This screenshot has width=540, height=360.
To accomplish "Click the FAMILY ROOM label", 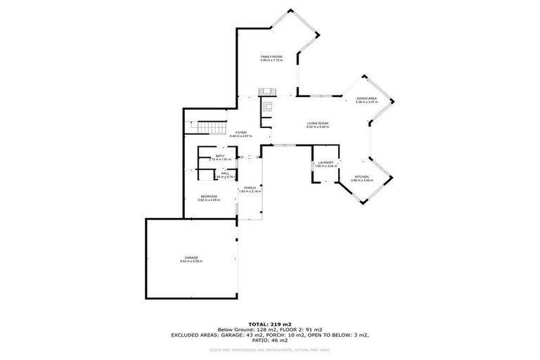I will click(271, 56).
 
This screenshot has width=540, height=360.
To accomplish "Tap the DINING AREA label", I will click(367, 98).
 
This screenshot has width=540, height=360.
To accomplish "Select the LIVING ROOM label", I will click(318, 123).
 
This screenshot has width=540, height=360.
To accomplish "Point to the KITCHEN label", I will click(361, 176).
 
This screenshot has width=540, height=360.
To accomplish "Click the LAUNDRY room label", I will click(326, 162).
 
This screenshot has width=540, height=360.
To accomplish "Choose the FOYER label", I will click(240, 131).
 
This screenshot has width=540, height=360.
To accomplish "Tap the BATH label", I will click(219, 155).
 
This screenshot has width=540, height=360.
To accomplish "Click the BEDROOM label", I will click(209, 196).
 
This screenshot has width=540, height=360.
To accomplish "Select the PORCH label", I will click(250, 187).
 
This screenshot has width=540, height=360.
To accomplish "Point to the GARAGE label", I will click(192, 258).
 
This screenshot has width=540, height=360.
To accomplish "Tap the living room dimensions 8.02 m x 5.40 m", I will click(318, 127).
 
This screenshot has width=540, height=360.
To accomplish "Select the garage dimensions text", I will click(192, 262).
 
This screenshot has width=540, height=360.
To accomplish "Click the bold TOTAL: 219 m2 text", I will click(269, 324).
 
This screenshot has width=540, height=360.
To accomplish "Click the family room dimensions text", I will click(271, 60).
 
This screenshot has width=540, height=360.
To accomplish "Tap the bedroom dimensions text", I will click(209, 200).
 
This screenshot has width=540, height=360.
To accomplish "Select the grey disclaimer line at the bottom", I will click(269, 350).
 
